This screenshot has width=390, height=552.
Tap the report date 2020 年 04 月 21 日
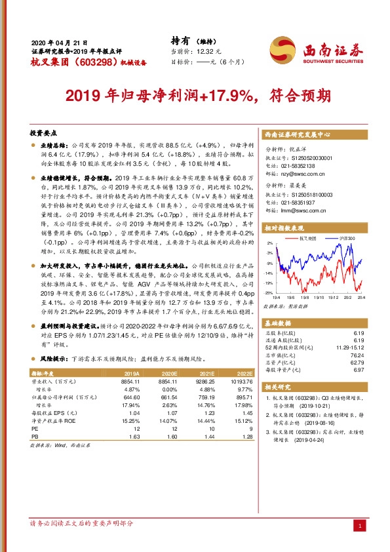pos(59,42)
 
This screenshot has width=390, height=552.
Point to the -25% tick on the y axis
pos(268,293)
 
